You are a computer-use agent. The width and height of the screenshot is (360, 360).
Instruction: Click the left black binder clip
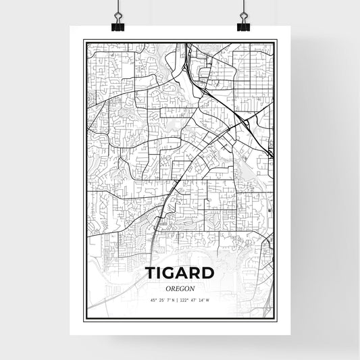[118, 24]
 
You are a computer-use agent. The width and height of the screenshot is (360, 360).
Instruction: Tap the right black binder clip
[242, 24]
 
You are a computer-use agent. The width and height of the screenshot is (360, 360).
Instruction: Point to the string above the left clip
[118, 7]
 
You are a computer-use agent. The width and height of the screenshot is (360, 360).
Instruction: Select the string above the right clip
[242, 7]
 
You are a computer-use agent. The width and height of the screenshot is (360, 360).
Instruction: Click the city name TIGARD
[180, 273]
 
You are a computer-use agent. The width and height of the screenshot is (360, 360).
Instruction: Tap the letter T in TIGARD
[151, 273]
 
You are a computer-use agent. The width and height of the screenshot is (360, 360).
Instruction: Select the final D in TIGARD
[207, 273]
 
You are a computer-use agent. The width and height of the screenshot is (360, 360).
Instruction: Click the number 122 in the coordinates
[186, 300]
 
